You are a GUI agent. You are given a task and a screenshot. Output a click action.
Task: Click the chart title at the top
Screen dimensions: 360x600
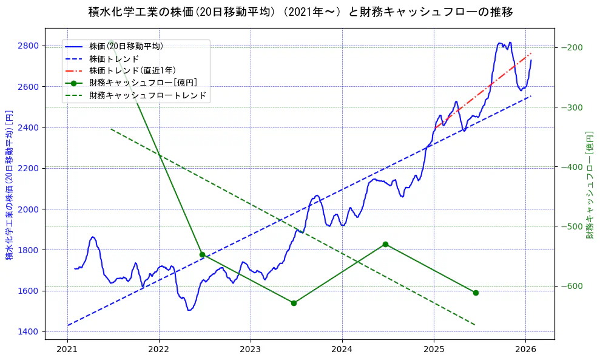[300, 12]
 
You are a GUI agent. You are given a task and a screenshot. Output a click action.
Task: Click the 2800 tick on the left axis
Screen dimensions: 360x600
[29, 46]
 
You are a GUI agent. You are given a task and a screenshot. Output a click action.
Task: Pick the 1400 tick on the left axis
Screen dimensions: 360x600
[29, 331]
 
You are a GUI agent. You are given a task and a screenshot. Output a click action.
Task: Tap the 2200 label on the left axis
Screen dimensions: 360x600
[29, 168]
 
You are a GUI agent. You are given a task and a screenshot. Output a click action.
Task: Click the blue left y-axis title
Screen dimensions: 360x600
[10, 185]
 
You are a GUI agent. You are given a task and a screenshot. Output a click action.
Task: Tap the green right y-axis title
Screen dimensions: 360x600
[589, 185]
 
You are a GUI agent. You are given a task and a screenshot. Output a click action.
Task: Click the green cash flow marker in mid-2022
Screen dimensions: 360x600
[202, 254]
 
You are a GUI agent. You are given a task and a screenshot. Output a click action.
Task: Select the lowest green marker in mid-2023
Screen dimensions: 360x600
[294, 303]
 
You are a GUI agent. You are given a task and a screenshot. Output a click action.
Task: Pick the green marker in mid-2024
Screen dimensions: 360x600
[385, 244]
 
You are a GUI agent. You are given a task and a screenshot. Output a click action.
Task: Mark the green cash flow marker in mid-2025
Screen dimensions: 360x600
[476, 293]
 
